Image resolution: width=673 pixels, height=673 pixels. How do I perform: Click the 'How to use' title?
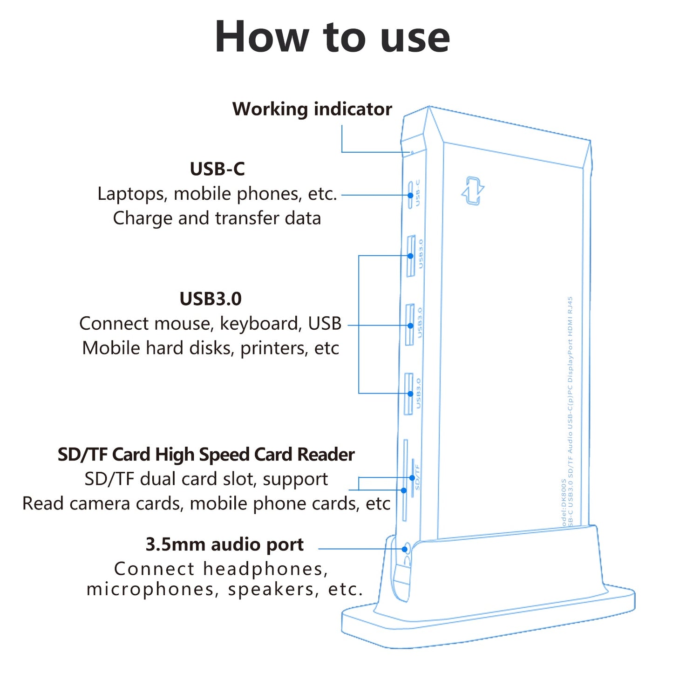(332, 37)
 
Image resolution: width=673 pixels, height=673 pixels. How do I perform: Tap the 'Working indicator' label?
(312, 109)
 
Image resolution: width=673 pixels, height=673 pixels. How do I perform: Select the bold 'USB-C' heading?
(217, 169)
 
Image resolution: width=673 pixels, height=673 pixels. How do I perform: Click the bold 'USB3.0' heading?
(211, 299)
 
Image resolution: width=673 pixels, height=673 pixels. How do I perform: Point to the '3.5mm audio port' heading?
(224, 544)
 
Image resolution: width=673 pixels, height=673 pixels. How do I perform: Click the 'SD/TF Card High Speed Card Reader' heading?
(206, 455)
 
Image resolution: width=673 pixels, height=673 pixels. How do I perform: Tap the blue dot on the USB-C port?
(410, 195)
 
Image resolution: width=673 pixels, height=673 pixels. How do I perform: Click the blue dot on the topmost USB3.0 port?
(410, 256)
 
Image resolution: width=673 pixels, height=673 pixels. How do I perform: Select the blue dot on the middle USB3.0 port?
(410, 326)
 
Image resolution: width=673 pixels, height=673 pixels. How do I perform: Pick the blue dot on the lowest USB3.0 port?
(410, 394)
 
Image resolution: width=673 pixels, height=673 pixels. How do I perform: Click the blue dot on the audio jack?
(405, 549)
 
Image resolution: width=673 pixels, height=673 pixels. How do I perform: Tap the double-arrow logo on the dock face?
(473, 190)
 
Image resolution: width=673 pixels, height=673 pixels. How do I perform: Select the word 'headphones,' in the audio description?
(265, 569)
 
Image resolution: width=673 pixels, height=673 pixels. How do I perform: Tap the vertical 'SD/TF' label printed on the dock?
(417, 477)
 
